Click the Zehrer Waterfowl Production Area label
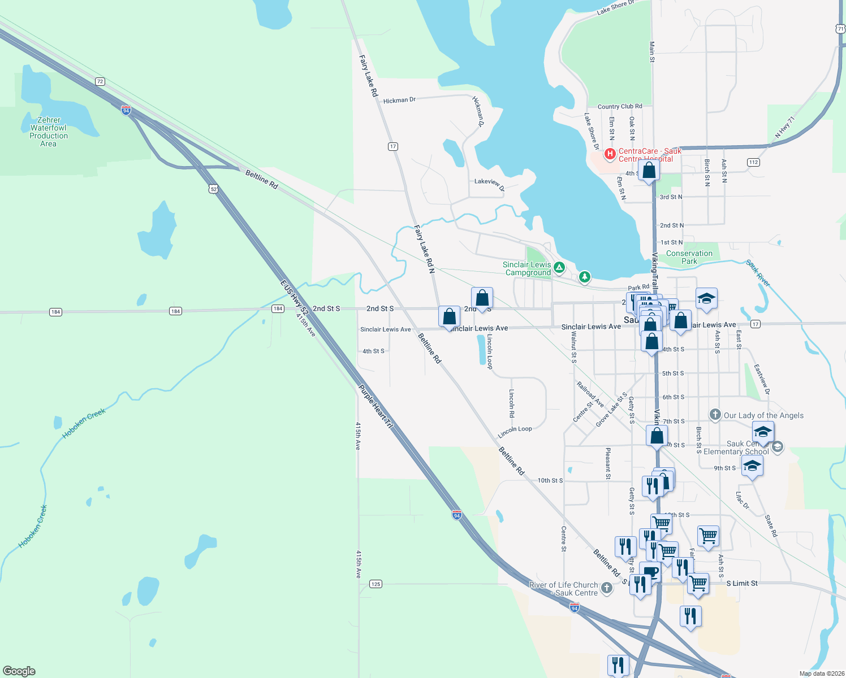(x=49, y=132)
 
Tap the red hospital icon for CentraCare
(x=610, y=153)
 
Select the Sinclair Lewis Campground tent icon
(x=559, y=267)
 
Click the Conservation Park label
(x=689, y=257)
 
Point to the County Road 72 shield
(x=100, y=81)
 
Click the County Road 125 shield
(x=376, y=584)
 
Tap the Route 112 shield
(x=753, y=162)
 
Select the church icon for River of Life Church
(x=607, y=588)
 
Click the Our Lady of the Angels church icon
(x=715, y=415)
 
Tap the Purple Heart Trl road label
(x=375, y=406)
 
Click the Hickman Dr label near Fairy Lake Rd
(x=399, y=100)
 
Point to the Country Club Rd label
(x=620, y=106)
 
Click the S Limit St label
(x=742, y=583)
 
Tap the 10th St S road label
(x=550, y=480)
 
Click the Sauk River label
(x=758, y=273)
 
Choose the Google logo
(x=19, y=671)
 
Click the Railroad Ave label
(x=590, y=394)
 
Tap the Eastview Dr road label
(x=762, y=379)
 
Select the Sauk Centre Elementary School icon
(x=777, y=447)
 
